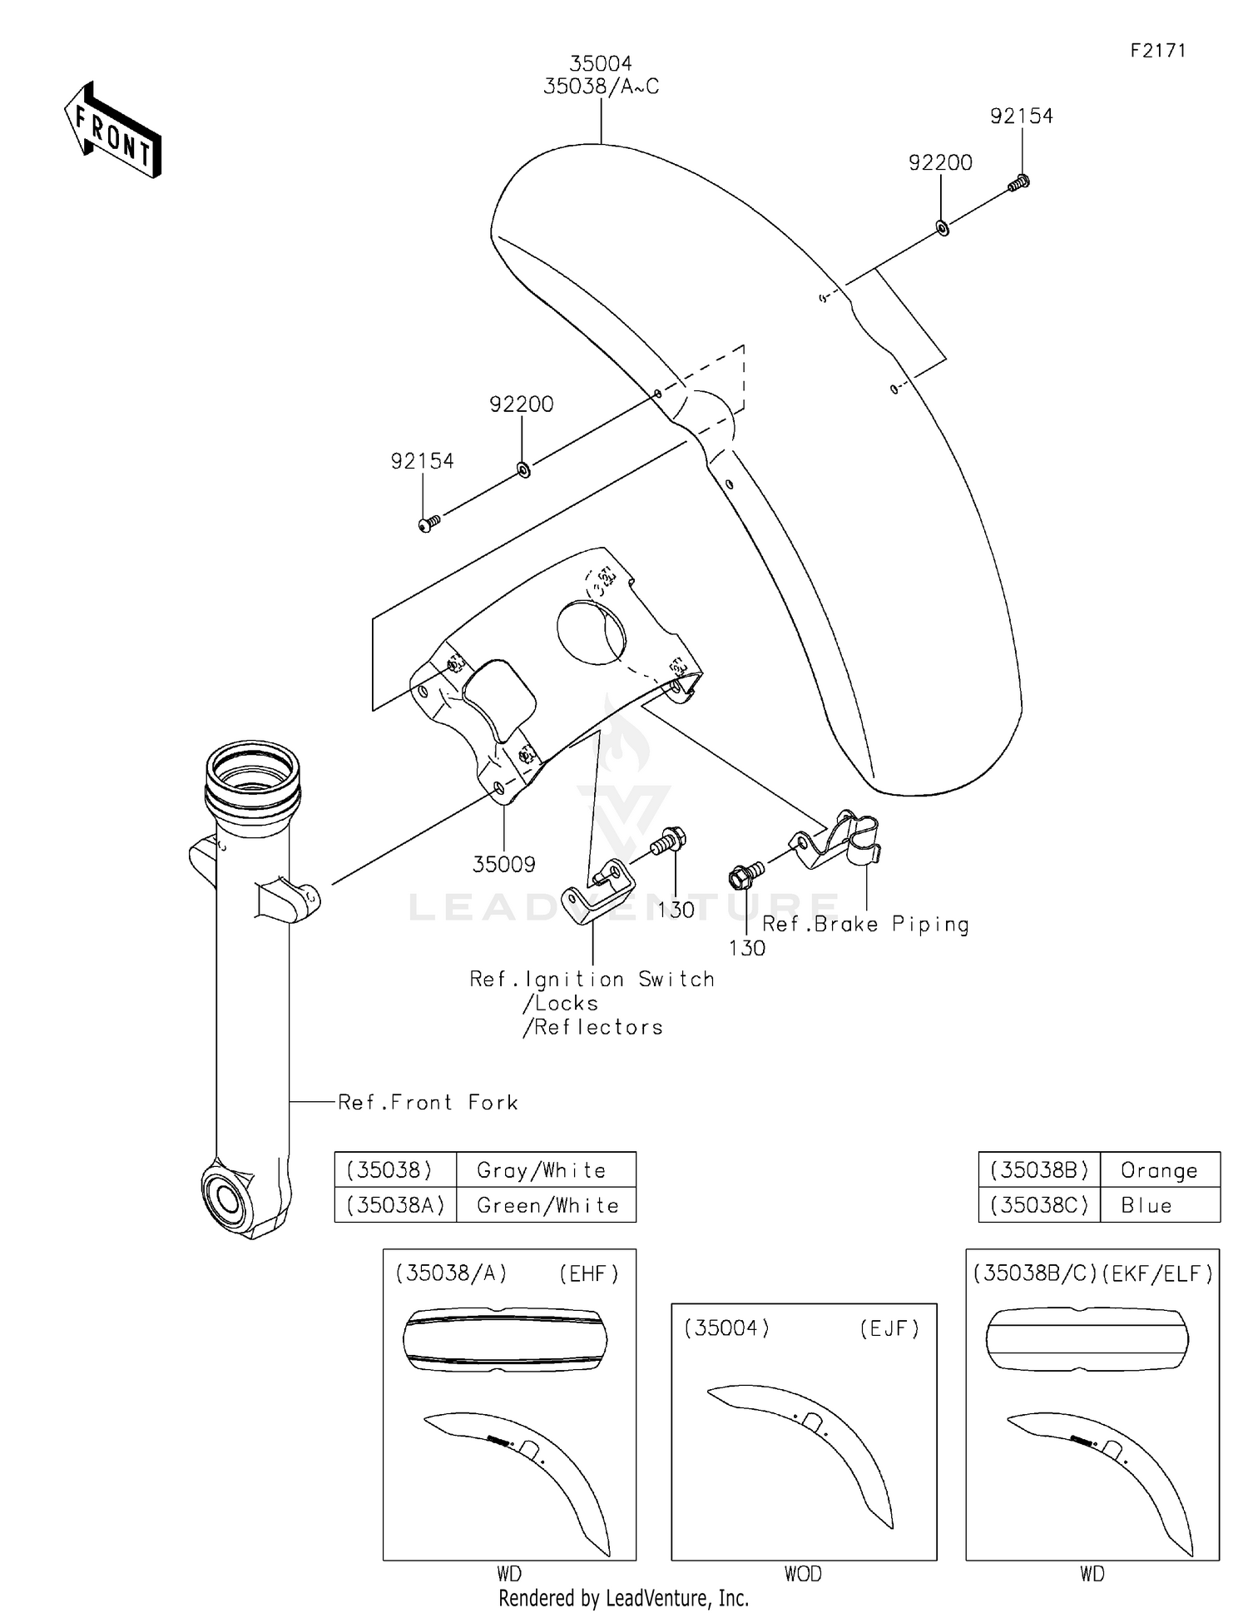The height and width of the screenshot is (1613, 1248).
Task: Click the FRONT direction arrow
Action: coord(112,132)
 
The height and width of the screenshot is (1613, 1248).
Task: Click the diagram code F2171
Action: coord(1157,51)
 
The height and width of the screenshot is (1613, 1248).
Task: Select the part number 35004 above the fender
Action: coord(601,63)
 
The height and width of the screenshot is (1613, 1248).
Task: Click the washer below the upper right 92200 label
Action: coord(943,227)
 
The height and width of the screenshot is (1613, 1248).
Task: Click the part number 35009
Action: coord(503,865)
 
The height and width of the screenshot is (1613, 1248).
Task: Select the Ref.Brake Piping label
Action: coord(865,925)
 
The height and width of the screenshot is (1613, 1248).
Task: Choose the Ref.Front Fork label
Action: coord(428,1103)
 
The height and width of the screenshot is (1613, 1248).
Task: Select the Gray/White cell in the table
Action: coord(542,1170)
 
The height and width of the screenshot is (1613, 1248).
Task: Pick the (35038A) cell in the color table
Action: coord(395,1205)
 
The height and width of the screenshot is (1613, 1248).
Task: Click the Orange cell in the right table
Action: coord(1159,1170)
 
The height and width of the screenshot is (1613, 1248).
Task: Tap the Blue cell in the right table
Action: coord(1146,1205)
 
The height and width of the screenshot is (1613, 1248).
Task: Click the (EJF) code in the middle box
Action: coord(889,1328)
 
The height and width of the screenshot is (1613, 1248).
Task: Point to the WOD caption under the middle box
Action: coord(802,1574)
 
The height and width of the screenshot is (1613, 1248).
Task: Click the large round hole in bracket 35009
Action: coord(591,633)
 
